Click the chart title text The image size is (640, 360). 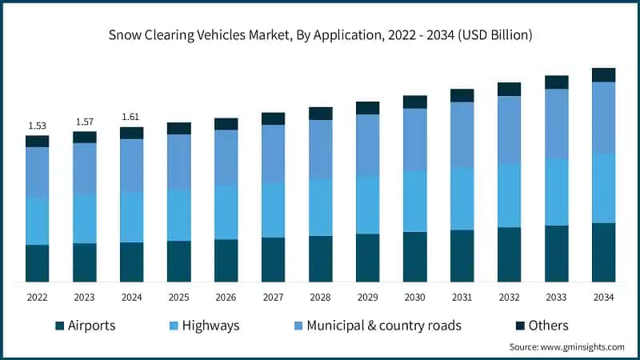coord(320,35)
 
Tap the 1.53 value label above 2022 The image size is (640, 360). coord(37,126)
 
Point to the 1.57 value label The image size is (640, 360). coord(84,122)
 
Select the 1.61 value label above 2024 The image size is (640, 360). coord(131,117)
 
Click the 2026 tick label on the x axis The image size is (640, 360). coord(226,297)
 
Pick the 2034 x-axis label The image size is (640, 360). coord(603,297)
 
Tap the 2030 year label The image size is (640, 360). coord(414,297)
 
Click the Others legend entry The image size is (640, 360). coord(541,326)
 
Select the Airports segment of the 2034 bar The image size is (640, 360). coord(603,252)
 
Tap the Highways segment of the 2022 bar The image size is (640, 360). coord(37,221)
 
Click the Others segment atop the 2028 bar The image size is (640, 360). coord(320,114)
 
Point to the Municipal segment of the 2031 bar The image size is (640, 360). coord(462,134)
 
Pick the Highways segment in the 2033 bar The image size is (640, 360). coord(556,192)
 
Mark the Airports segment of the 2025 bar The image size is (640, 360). coord(178,261)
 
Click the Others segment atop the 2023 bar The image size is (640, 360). coord(84,137)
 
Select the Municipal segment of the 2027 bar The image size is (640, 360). coord(273,154)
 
